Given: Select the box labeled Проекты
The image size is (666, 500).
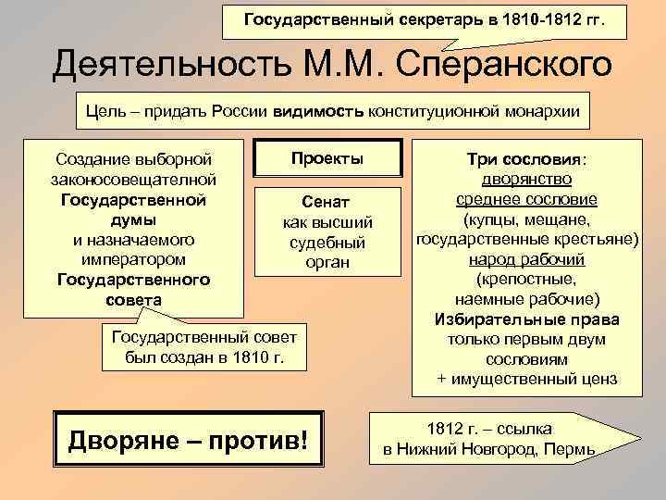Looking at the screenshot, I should coord(327,158).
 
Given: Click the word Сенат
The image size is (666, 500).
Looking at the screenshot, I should coord(327,202).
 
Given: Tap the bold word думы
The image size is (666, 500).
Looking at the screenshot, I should coord(133,219).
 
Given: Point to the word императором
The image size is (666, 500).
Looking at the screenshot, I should coord(133,259).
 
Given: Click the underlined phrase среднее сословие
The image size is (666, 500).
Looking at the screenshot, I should coord(526,199).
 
